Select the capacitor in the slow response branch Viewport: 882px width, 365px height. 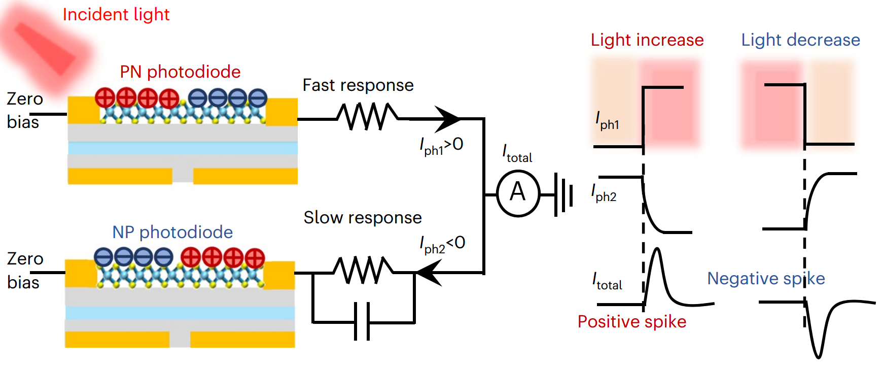pyautogui.click(x=362, y=321)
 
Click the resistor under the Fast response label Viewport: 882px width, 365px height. pyautogui.click(x=368, y=116)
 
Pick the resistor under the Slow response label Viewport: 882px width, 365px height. pyautogui.click(x=363, y=270)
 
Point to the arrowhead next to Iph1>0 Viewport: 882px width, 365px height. pyautogui.click(x=447, y=119)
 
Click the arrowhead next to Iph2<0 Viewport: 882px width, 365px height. pyautogui.click(x=429, y=273)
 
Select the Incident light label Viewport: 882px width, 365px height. pyautogui.click(x=116, y=15)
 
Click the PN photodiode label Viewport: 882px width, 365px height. pyautogui.click(x=180, y=72)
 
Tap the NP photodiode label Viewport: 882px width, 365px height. pyautogui.click(x=172, y=233)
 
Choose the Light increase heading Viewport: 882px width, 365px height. pyautogui.click(x=647, y=40)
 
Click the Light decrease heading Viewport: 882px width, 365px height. pyautogui.click(x=801, y=40)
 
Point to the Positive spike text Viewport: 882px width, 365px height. pyautogui.click(x=632, y=322)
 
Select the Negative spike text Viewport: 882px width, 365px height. pyautogui.click(x=766, y=279)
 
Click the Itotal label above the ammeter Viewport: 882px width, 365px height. pyautogui.click(x=517, y=153)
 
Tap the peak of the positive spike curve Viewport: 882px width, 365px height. pyautogui.click(x=657, y=249)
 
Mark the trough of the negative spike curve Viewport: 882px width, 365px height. pyautogui.click(x=818, y=356)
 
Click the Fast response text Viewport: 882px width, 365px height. pyautogui.click(x=358, y=85)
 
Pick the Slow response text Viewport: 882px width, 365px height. pyautogui.click(x=363, y=218)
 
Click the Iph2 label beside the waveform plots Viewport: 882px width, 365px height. pyautogui.click(x=604, y=193)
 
